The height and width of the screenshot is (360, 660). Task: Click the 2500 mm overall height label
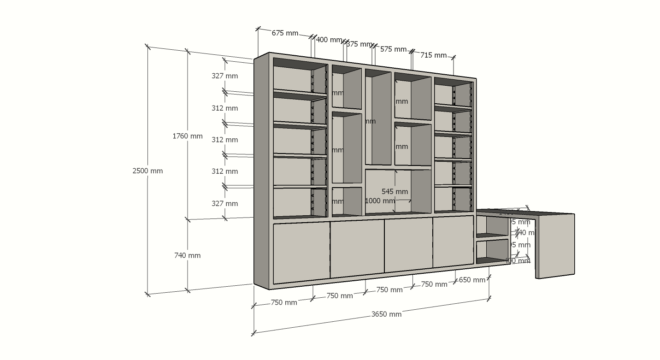point(147,171)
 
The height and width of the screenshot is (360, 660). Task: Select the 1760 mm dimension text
point(188,136)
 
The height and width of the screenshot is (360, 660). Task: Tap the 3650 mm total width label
point(386,314)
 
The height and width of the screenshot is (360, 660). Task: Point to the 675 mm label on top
point(285,33)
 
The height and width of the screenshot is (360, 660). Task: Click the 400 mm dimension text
point(329,40)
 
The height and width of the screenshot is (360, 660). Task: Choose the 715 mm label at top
point(433,55)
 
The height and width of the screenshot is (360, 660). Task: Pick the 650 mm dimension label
point(472,280)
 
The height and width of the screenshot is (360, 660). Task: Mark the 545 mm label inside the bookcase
point(395,192)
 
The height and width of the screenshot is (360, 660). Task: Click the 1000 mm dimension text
point(380,201)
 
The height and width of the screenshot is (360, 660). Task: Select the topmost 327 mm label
point(225,76)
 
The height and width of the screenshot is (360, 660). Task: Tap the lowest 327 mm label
point(225,204)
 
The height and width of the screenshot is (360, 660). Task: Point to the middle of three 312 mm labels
point(225,140)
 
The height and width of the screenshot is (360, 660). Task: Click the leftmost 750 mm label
point(284,303)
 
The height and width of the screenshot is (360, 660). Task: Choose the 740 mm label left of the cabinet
point(188,255)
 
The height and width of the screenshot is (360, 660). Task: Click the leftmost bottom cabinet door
point(301,252)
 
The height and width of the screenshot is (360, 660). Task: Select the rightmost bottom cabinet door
point(453,242)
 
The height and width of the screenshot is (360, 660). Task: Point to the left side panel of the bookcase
point(261,171)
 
